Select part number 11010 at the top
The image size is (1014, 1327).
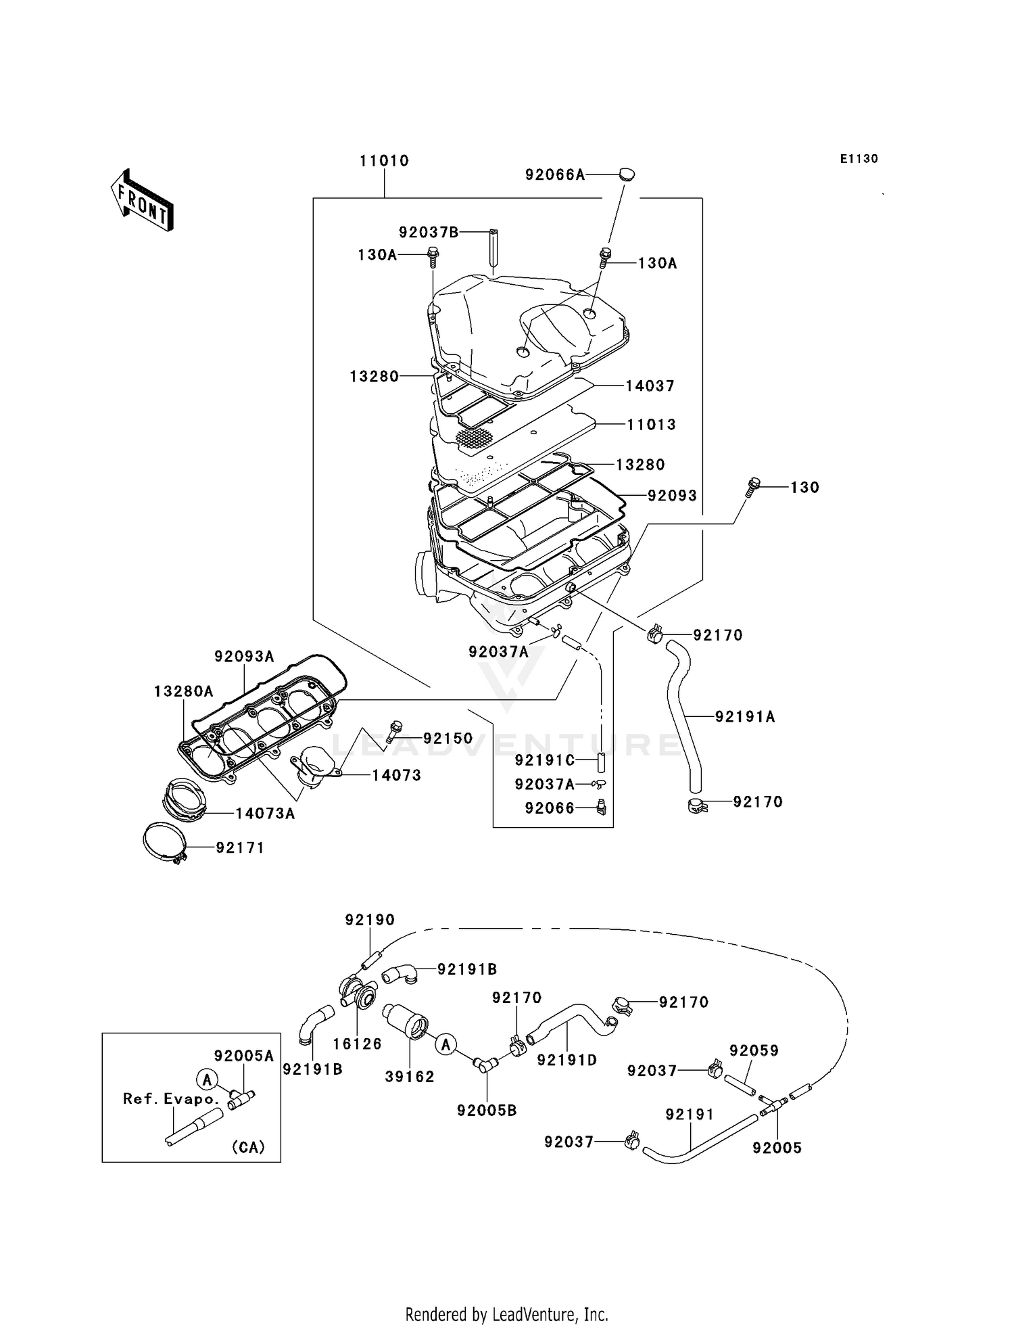[x=384, y=161]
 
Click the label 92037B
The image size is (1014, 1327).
[x=429, y=233]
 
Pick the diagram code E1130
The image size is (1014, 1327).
[x=859, y=159]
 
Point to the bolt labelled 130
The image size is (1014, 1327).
[x=753, y=487]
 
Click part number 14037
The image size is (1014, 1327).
[x=650, y=386]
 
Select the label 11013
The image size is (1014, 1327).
[x=651, y=425]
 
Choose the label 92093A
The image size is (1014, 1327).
[x=244, y=656]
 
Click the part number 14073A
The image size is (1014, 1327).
[x=265, y=814]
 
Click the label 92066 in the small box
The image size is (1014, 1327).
[x=550, y=808]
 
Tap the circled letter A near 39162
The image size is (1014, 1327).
[x=445, y=1045]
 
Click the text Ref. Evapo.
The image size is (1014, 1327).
[x=171, y=1099]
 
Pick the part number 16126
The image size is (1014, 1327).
[x=357, y=1044]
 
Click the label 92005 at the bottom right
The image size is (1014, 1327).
[x=777, y=1148]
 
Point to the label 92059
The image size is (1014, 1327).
[x=754, y=1050]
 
